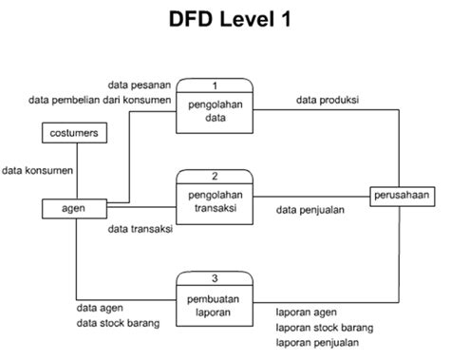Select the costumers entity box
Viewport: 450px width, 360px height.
point(75,133)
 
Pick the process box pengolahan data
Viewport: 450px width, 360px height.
point(215,113)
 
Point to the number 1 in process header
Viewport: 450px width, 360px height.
point(215,85)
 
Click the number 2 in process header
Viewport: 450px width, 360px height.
point(215,177)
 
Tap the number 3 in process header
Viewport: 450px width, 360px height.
point(215,277)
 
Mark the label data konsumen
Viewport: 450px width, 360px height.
point(38,171)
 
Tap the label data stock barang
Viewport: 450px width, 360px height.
point(118,323)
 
